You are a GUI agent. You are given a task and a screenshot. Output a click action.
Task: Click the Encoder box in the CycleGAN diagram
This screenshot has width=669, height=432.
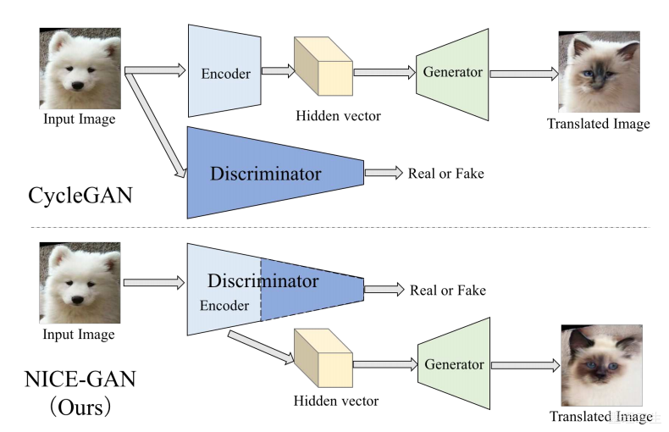pos(225,73)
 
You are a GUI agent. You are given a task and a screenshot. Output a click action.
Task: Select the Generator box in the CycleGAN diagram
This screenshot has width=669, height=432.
pos(452,73)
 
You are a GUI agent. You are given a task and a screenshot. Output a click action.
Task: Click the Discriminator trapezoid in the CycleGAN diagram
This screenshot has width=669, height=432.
pos(266,174)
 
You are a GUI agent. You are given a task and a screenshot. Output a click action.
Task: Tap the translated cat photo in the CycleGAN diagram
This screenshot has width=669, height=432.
pos(598,73)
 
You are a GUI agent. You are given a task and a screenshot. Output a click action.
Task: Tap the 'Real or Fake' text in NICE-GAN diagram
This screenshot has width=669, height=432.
pos(447,290)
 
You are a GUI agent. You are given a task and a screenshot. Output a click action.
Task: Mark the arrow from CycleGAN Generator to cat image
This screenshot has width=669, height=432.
pos(523,74)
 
